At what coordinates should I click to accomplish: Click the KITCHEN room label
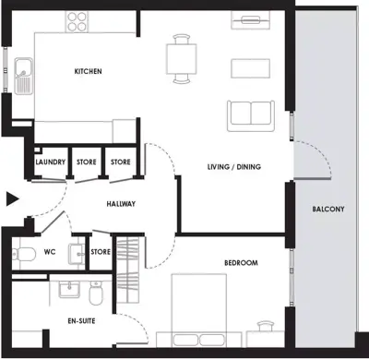tap(88, 71)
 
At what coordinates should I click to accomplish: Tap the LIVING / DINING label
tap(234, 167)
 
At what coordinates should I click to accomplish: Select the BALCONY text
tap(328, 210)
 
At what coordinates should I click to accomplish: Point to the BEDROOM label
tap(241, 263)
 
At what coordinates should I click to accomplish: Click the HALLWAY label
tap(121, 204)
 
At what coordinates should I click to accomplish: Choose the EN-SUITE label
tap(81, 321)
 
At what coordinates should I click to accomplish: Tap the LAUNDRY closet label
tap(51, 162)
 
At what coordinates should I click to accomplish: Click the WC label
tap(50, 252)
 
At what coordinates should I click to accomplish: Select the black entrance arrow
tap(13, 199)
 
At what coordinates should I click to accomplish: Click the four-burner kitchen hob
tap(77, 21)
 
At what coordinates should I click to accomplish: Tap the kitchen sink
tap(23, 76)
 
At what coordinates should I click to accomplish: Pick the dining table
tap(182, 59)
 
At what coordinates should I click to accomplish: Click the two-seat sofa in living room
tap(251, 116)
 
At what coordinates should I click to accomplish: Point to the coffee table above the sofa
tap(251, 68)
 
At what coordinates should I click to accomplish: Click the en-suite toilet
tap(95, 293)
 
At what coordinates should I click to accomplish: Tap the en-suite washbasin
tap(69, 290)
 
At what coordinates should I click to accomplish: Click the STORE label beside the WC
tap(101, 252)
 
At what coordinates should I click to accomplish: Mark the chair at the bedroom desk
tap(265, 326)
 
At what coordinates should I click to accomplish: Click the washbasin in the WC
tap(77, 254)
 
